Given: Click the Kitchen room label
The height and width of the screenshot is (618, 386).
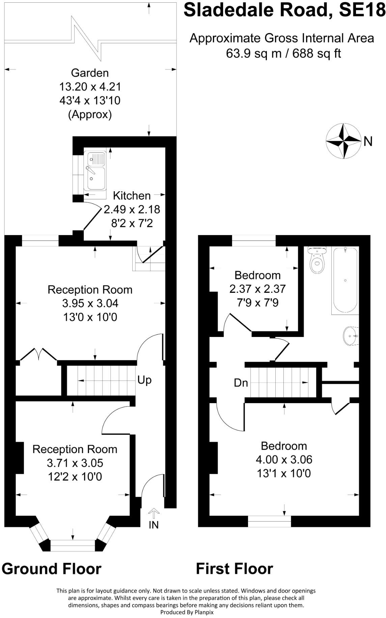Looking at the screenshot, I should pos(132,196).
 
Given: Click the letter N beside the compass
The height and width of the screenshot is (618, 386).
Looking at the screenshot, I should pos(368,141).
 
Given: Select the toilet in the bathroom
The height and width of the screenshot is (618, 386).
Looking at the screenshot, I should pos(317,260).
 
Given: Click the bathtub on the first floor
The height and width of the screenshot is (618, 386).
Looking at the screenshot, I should pos(345,280).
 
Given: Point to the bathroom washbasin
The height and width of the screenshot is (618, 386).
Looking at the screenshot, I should pos(351,336).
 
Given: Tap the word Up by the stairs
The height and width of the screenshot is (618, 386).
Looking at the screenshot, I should pos(144,380).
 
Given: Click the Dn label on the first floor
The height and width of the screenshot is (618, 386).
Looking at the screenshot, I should pos(241,383).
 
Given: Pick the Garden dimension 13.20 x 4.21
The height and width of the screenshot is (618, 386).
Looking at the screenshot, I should pos(90,87).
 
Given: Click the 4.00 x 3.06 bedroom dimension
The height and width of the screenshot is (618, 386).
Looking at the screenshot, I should pos(284,459).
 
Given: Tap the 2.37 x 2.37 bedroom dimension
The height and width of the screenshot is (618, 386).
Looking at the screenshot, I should pos(257,289).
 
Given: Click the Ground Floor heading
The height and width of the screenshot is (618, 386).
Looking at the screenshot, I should pos(52,569).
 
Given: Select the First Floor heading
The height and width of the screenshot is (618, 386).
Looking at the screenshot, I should pos(235,569).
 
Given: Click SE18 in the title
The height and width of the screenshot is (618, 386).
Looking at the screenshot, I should pos(362,10).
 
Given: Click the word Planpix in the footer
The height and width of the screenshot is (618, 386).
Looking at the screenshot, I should pos(203,612).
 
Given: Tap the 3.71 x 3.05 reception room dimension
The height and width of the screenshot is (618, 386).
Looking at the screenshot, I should pos(75,463).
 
